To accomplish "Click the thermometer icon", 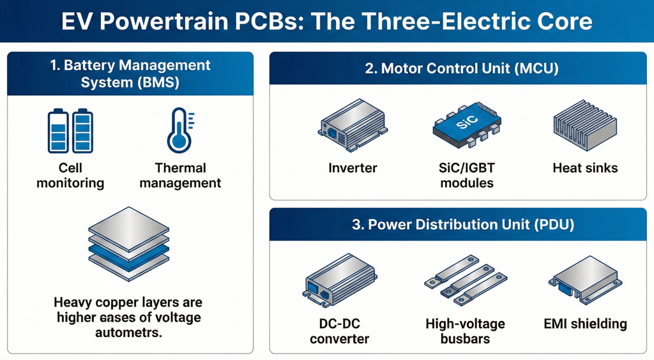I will [178, 131].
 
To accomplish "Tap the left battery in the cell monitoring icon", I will [58, 131].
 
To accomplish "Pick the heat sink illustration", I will [584, 126].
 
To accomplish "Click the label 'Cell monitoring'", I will [70, 176].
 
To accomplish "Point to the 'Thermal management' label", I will [180, 176].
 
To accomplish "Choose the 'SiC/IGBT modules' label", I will [462, 176].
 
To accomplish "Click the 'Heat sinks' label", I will [585, 169].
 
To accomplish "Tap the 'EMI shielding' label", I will [586, 324].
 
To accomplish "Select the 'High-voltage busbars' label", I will [465, 331].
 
